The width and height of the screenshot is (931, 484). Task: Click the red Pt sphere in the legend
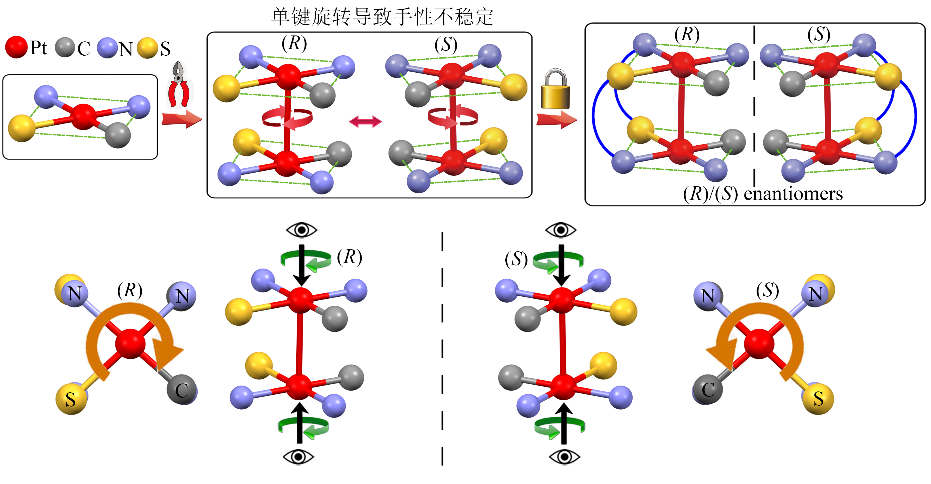(16, 47)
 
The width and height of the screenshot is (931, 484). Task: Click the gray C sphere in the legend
(65, 47)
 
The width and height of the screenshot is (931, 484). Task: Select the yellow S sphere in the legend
(147, 48)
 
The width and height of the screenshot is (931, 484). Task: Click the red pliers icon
(179, 85)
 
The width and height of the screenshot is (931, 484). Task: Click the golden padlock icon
(555, 89)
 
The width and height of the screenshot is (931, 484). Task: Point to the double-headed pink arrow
(365, 121)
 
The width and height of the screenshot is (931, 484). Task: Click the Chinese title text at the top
(382, 17)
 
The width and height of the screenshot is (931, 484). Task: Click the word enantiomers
(793, 194)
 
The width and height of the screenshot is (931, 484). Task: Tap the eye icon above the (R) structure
(301, 230)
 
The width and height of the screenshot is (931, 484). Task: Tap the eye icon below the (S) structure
(564, 457)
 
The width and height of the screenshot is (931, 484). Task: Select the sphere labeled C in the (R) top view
(182, 390)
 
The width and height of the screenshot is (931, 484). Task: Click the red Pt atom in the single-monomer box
(84, 116)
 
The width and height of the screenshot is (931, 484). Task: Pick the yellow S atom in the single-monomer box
(22, 128)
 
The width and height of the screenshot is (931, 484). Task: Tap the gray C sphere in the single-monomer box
(117, 135)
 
